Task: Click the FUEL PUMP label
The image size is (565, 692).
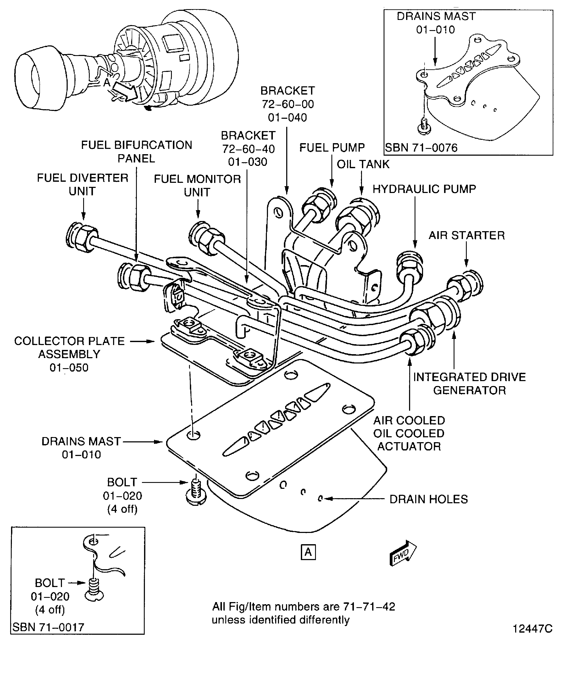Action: click(332, 147)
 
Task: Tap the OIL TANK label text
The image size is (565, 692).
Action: click(363, 164)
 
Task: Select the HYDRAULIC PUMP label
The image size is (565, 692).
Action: click(424, 189)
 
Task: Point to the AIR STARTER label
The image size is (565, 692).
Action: click(466, 235)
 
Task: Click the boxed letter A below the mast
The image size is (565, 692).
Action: click(308, 552)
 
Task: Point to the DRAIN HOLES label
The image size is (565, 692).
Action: click(428, 499)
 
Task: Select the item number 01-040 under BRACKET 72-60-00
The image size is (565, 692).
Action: click(287, 117)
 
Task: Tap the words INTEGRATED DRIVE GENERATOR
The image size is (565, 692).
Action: click(469, 384)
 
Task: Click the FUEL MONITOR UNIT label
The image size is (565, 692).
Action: click(197, 185)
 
